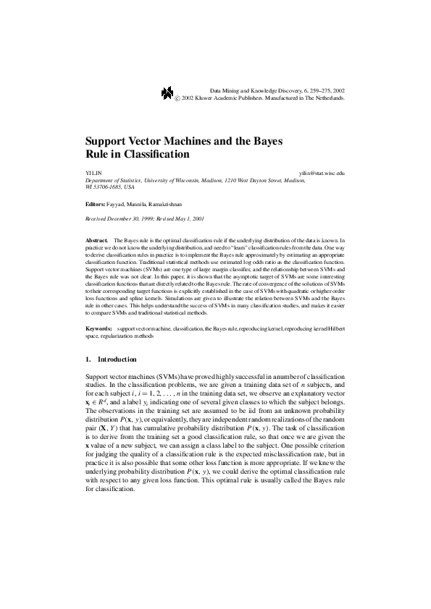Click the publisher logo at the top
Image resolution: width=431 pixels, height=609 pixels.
tap(167, 92)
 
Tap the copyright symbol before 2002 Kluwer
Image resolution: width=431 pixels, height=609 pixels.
tap(177, 96)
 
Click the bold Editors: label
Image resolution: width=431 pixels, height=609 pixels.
tap(95, 205)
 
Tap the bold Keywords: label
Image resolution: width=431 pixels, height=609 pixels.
tap(99, 329)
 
